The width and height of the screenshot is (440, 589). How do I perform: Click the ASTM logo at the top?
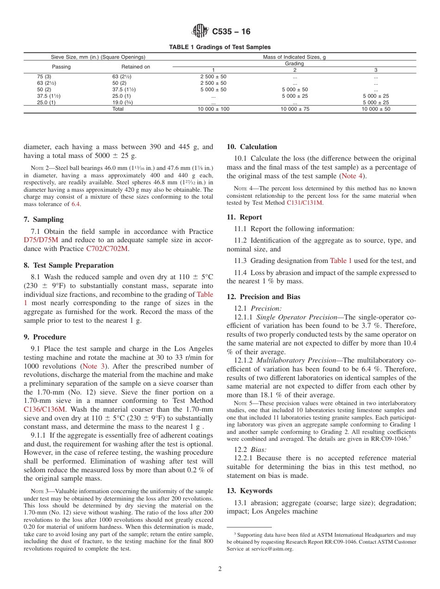[200, 32]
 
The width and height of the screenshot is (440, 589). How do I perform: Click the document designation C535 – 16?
[231, 32]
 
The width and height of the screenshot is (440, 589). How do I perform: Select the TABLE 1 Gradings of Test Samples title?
[220, 47]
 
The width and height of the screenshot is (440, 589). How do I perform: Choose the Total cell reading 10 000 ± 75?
[295, 109]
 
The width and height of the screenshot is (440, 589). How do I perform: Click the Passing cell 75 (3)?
[44, 76]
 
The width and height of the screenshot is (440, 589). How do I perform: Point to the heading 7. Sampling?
[44, 219]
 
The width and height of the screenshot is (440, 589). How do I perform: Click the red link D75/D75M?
[41, 240]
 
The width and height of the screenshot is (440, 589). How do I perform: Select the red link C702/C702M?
[107, 249]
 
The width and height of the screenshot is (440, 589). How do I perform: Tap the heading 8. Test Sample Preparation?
[69, 265]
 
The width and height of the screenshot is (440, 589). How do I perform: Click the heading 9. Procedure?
[45, 337]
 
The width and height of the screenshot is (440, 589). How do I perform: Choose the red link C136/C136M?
[44, 409]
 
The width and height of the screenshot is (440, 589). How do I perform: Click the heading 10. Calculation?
[251, 147]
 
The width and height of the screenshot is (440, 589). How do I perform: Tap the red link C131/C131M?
[306, 203]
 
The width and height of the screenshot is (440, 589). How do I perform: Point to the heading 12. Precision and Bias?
[263, 297]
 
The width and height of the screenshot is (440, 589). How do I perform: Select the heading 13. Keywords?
[249, 491]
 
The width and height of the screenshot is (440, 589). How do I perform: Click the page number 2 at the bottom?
[220, 569]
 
